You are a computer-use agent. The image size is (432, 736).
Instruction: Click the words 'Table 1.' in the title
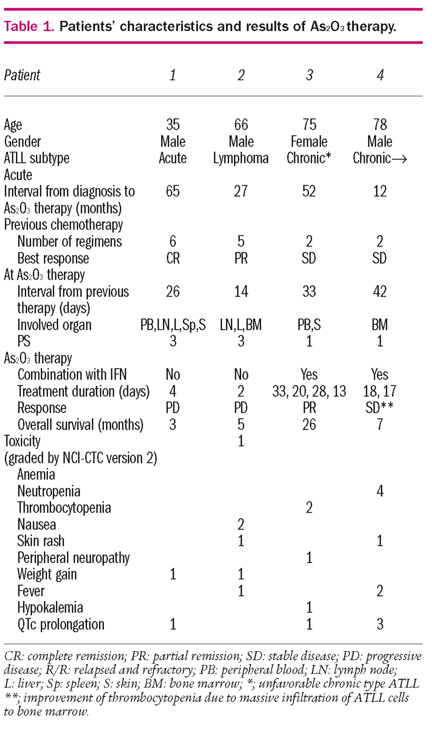[x=29, y=27]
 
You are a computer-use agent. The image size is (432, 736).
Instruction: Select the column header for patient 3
[x=309, y=75]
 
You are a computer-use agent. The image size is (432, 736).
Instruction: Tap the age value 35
[x=173, y=125]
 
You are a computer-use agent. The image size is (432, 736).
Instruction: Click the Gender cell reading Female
[x=309, y=141]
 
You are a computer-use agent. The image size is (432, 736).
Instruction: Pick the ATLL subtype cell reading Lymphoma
[x=241, y=158]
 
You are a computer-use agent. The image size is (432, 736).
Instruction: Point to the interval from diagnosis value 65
[x=173, y=191]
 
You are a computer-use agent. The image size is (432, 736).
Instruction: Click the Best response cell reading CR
[x=173, y=258]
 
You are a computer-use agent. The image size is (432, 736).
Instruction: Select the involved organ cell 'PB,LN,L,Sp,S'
[x=173, y=325]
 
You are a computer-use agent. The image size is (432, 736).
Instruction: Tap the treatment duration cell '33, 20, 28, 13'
[x=309, y=391]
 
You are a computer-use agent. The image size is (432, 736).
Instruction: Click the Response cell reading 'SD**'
[x=379, y=408]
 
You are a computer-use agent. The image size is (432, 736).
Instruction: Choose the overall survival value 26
[x=309, y=424]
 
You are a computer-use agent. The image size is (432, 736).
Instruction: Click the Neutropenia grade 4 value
[x=380, y=491]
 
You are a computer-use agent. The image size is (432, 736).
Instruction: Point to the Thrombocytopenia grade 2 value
[x=309, y=508]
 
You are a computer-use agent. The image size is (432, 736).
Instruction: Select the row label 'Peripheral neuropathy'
[x=73, y=558]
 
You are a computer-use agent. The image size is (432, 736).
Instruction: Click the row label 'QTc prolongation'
[x=61, y=624]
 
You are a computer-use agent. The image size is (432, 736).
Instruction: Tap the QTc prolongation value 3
[x=380, y=624]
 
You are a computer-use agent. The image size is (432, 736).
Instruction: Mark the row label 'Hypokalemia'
[x=50, y=608]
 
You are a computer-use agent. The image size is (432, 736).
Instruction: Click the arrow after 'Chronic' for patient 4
[x=399, y=159]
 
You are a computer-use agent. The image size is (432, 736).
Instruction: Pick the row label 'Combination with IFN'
[x=72, y=375]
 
